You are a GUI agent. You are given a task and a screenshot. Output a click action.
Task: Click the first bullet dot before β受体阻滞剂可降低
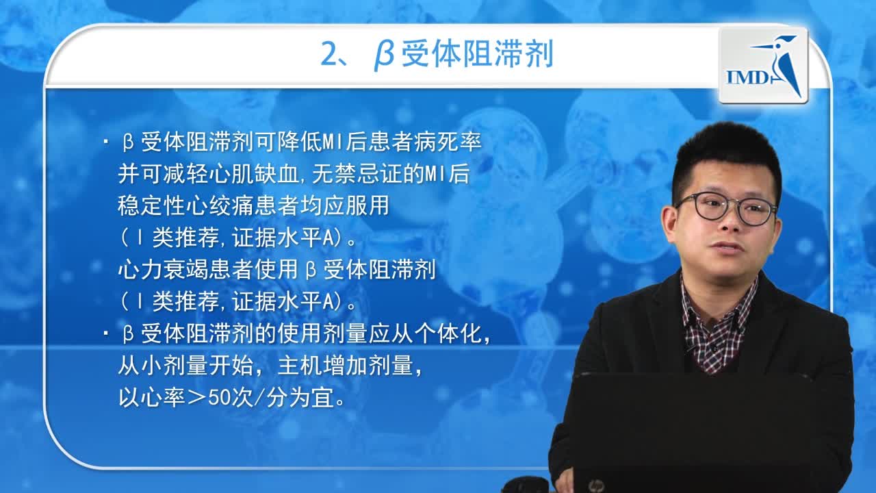[x=106, y=143]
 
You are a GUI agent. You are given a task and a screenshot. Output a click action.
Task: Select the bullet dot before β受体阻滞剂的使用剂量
[x=106, y=335]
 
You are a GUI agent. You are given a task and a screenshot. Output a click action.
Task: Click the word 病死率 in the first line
[x=461, y=143]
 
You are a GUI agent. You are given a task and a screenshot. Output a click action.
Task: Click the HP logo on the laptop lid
[x=595, y=485]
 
